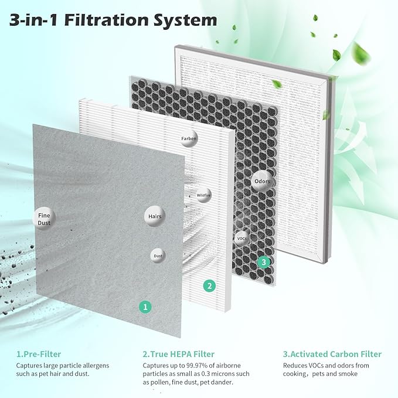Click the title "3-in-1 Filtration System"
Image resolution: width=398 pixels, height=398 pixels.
113,20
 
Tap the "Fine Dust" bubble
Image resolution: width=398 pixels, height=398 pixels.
45,219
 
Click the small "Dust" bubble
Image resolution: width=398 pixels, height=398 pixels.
158,256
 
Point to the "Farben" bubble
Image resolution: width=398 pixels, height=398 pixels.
189,138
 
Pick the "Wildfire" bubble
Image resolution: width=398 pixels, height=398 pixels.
203,195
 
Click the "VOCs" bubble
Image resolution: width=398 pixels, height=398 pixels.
241,238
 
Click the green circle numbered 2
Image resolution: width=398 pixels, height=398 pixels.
209,286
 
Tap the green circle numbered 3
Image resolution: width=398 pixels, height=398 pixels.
264,262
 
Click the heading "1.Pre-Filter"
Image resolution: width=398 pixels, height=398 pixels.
39,354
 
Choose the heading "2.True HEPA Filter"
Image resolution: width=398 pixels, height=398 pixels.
179,354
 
